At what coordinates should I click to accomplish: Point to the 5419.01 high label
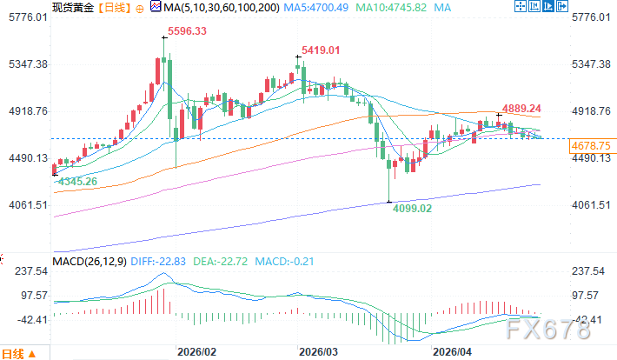click(320, 50)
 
